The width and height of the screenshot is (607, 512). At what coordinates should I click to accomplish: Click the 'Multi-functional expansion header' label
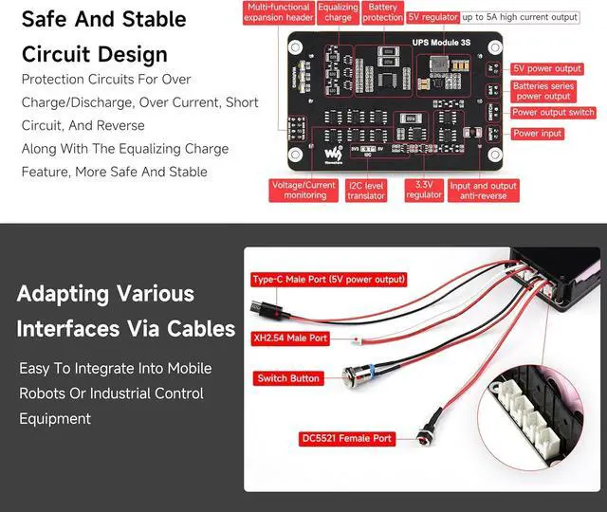pyautogui.click(x=279, y=11)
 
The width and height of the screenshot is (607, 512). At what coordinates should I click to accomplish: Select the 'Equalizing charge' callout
pyautogui.click(x=338, y=11)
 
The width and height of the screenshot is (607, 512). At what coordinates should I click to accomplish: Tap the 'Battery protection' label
pyautogui.click(x=383, y=11)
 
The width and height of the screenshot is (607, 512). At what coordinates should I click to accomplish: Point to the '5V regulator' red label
pyautogui.click(x=432, y=17)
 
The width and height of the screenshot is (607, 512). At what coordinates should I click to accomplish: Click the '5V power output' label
pyautogui.click(x=547, y=69)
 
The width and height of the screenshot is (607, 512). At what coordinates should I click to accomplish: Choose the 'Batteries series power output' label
pyautogui.click(x=543, y=91)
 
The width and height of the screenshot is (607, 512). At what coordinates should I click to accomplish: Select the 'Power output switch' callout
pyautogui.click(x=553, y=113)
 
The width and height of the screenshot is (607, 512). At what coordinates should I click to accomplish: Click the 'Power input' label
pyautogui.click(x=538, y=134)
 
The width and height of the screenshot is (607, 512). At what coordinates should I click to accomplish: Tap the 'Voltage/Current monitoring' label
pyautogui.click(x=304, y=191)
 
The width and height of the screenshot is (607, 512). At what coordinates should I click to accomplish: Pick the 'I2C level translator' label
pyautogui.click(x=366, y=191)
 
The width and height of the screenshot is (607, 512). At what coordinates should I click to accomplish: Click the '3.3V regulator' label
pyautogui.click(x=424, y=191)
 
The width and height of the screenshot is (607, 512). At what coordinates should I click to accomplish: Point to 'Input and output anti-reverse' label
pyautogui.click(x=484, y=191)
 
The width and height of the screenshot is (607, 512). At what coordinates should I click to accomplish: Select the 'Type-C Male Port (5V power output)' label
pyautogui.click(x=329, y=280)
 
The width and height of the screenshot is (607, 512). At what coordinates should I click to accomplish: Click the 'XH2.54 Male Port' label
pyautogui.click(x=290, y=338)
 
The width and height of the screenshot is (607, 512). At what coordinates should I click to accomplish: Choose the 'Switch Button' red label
pyautogui.click(x=288, y=378)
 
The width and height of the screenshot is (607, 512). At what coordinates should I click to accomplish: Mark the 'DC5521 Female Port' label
pyautogui.click(x=346, y=438)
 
